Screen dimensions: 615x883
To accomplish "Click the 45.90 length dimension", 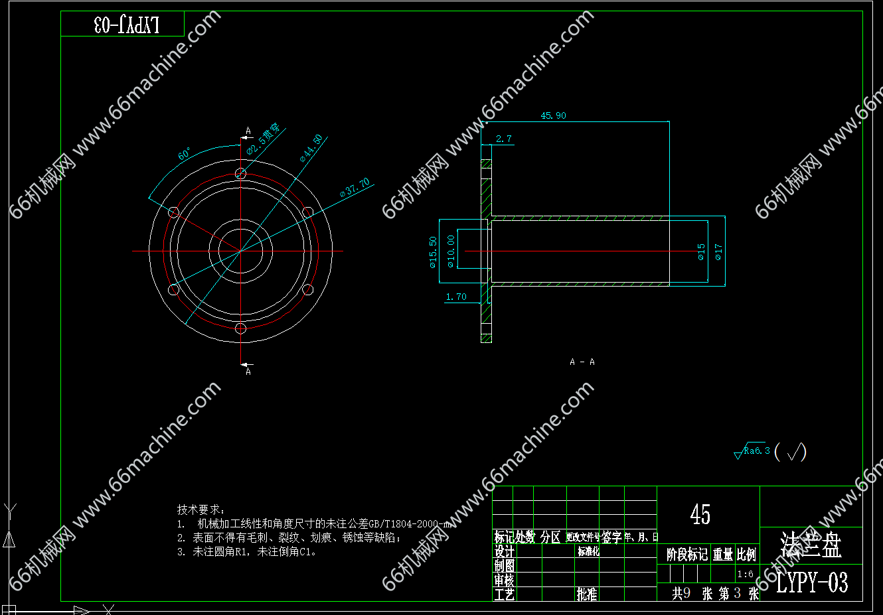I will (x=553, y=116).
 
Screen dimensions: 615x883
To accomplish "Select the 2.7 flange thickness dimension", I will (x=503, y=139).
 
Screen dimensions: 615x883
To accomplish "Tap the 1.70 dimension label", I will (x=456, y=297).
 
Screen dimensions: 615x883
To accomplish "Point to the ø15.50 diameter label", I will (x=434, y=252).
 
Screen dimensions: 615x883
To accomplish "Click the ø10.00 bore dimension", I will (x=451, y=251).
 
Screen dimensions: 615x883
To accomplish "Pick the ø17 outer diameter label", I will (x=718, y=251).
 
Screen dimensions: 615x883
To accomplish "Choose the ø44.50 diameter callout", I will (x=311, y=148).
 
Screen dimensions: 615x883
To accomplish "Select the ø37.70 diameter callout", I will (x=355, y=187).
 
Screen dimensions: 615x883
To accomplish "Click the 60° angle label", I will (x=185, y=155).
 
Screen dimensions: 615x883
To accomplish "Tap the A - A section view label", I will (x=582, y=362).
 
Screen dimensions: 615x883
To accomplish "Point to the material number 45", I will (x=700, y=514).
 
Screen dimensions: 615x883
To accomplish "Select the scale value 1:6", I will (x=745, y=575).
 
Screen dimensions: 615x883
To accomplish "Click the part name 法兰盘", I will (x=811, y=545).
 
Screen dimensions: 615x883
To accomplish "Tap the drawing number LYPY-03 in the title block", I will (x=812, y=583).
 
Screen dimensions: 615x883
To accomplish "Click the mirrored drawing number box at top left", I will (x=122, y=25).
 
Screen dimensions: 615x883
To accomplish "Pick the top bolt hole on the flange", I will (x=241, y=174).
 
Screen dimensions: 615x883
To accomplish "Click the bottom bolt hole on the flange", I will (x=241, y=328).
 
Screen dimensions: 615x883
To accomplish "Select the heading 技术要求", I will (x=201, y=510).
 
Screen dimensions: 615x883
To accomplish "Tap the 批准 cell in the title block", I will (x=587, y=594).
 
